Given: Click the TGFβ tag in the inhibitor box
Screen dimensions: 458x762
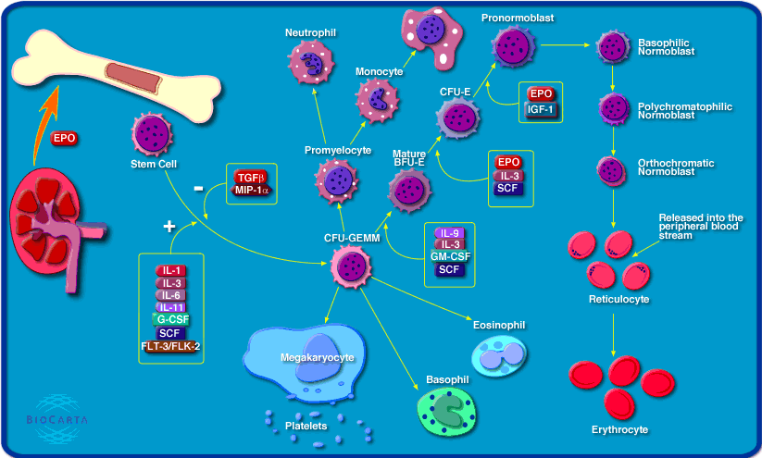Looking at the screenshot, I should (x=250, y=177).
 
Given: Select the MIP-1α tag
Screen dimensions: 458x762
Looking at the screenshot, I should (x=250, y=190).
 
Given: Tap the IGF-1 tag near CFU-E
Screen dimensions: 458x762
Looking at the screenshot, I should (x=542, y=109).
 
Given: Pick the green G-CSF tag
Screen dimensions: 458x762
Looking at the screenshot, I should (x=169, y=320).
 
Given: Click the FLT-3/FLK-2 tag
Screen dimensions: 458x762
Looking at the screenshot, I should (x=169, y=347).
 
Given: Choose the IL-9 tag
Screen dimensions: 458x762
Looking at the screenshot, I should (x=449, y=232).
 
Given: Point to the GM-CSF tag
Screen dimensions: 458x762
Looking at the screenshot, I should (x=449, y=257).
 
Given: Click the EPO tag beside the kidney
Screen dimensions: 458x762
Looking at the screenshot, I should (x=64, y=139).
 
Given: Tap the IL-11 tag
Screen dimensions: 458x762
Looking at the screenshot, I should (x=169, y=307).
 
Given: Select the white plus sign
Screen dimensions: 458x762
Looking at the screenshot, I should (x=169, y=226).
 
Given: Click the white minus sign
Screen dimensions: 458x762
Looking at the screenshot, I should (x=198, y=189).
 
